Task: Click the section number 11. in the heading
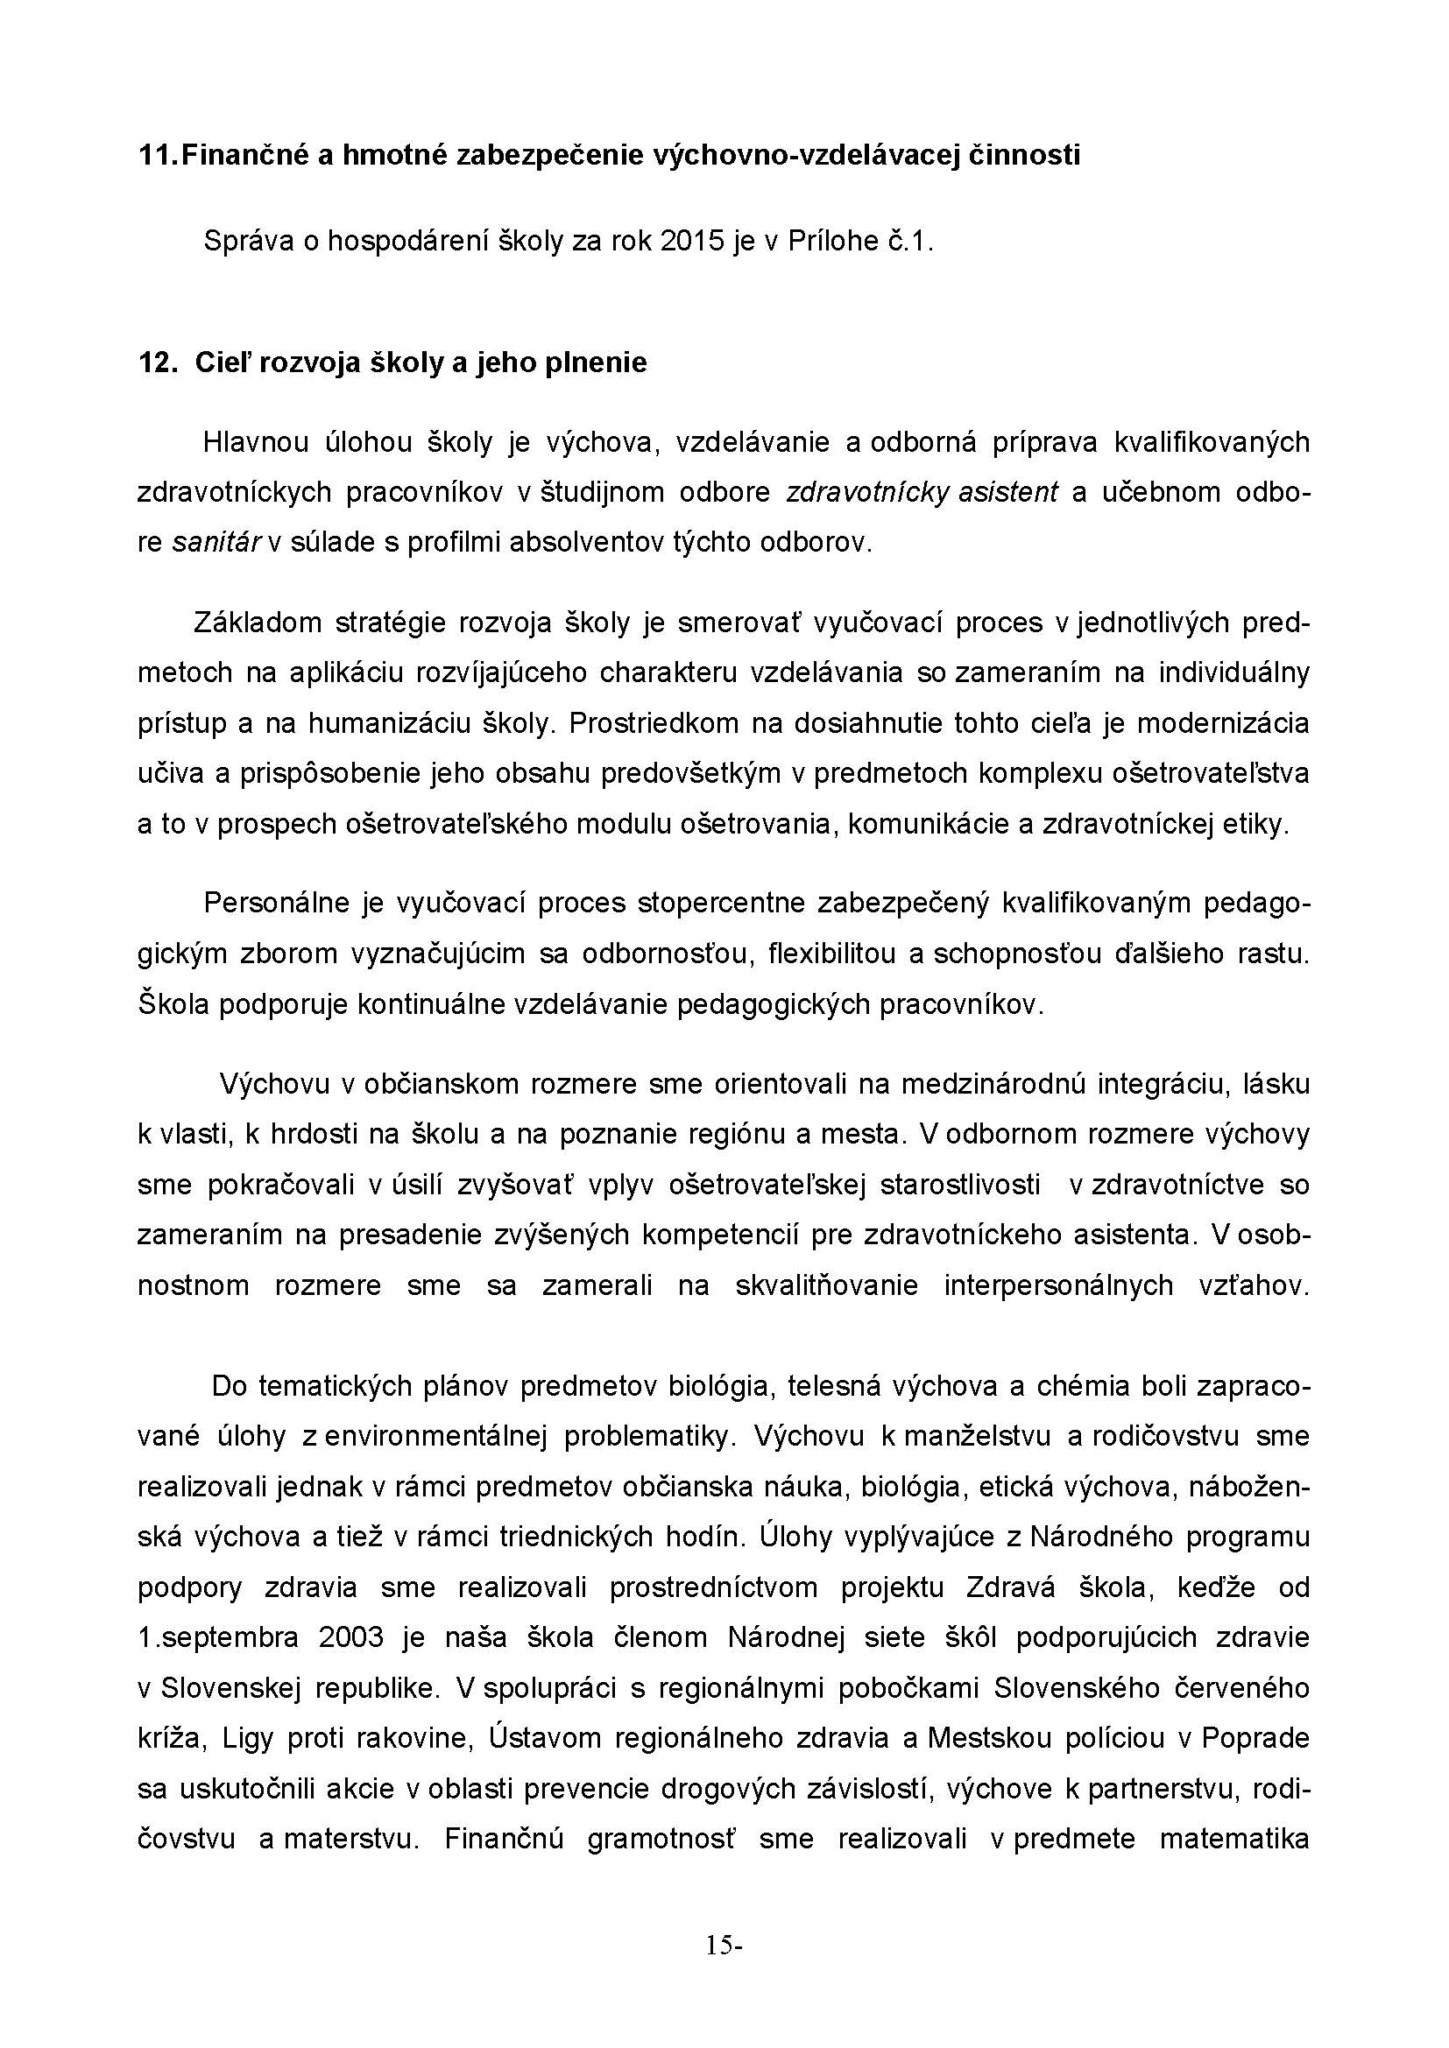(158, 155)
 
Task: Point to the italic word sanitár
(215, 542)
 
